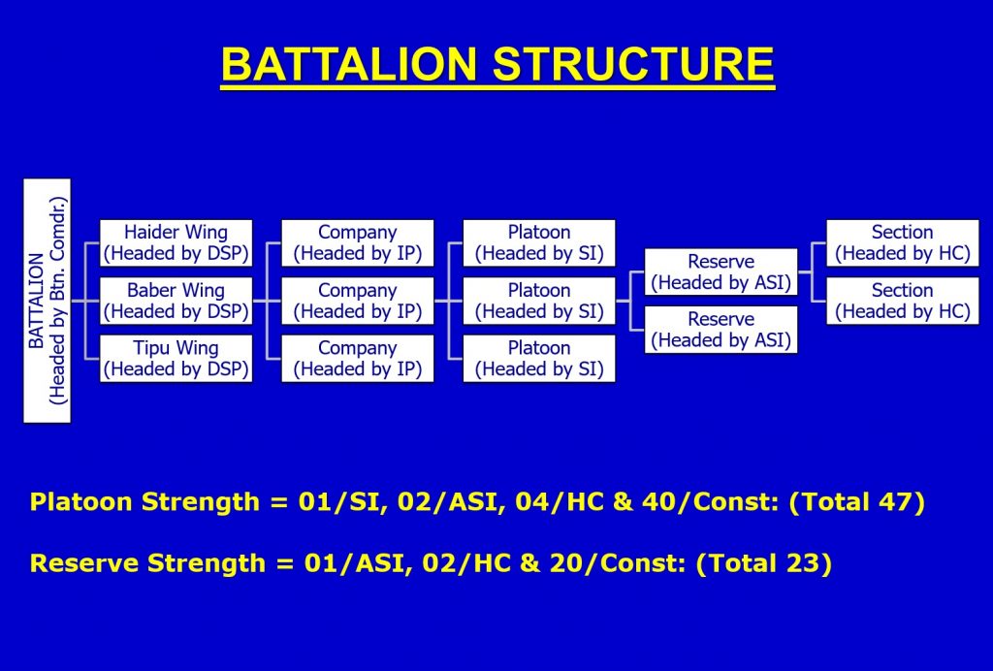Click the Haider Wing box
click(176, 243)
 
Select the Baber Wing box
click(176, 301)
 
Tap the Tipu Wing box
click(176, 359)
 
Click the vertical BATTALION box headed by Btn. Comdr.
click(47, 301)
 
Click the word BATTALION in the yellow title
click(348, 65)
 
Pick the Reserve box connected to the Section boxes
click(721, 272)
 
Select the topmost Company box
click(358, 243)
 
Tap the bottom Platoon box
click(539, 359)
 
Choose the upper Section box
click(903, 243)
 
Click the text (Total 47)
click(857, 502)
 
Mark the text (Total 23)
click(764, 562)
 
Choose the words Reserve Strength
click(147, 562)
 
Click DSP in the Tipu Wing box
click(225, 368)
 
